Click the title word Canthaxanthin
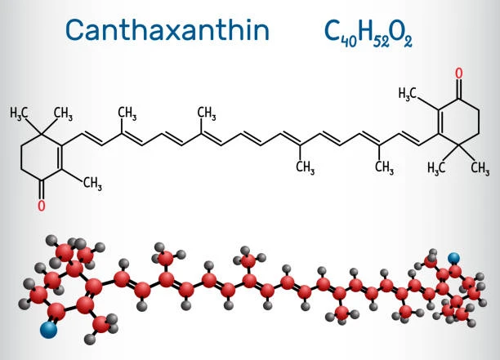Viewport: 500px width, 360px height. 167,29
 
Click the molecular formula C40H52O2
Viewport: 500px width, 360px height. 368,34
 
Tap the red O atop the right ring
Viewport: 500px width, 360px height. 459,73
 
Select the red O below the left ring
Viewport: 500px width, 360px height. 42,206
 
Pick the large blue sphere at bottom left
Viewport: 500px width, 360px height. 49,330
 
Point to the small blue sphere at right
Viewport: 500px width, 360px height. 453,258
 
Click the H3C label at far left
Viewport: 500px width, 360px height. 19,113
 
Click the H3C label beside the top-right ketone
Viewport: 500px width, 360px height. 408,94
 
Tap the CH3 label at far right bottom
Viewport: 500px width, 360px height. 480,168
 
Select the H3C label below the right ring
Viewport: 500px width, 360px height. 436,167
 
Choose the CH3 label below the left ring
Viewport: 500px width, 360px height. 92,184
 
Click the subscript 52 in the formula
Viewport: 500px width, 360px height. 381,42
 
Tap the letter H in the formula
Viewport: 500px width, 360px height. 365,32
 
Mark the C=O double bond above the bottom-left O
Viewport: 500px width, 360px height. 42,190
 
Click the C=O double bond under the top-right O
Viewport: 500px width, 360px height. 459,89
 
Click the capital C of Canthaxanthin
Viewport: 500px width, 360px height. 74,30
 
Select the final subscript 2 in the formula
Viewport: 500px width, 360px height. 408,42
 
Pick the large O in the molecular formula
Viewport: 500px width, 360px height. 396,32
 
